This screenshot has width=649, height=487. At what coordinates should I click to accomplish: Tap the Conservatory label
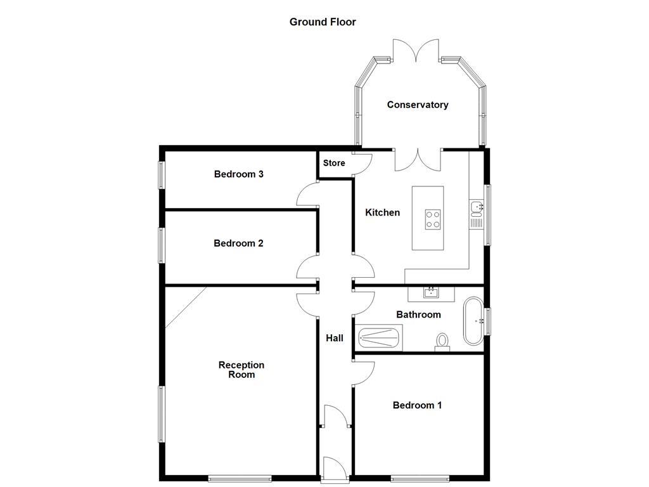coord(418,105)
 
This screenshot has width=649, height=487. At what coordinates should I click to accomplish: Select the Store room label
coord(334,163)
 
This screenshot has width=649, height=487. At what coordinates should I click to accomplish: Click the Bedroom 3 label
coord(238,174)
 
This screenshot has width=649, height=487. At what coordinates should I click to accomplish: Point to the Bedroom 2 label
coord(238,243)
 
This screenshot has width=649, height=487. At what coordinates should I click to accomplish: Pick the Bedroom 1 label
coord(417,405)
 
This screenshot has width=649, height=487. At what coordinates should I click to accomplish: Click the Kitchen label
coord(382,212)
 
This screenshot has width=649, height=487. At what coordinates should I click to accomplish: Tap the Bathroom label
coord(418,315)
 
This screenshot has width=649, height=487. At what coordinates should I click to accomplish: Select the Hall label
coord(335,338)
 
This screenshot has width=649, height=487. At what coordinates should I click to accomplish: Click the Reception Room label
coord(241,370)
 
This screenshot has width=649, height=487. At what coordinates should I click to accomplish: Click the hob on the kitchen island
coord(434,219)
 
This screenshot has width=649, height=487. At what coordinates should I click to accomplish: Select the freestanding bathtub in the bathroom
coord(473,321)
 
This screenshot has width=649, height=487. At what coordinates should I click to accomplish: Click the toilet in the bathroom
coord(442,342)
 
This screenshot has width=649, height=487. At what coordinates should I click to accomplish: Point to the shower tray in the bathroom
coord(380,337)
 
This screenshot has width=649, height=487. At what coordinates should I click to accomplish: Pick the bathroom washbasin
coord(432,293)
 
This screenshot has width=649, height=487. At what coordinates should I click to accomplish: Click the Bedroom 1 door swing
coord(364,372)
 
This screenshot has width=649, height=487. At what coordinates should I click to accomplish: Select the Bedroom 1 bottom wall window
coord(420,478)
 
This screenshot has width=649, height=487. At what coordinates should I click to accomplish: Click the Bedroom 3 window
coord(161,175)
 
